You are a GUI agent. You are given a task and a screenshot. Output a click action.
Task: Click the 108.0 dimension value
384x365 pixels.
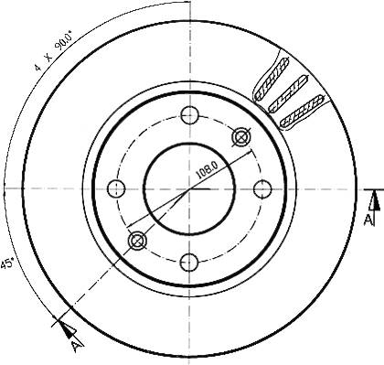click(207, 170)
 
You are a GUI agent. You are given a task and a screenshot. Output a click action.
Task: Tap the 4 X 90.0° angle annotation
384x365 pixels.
click(54, 50)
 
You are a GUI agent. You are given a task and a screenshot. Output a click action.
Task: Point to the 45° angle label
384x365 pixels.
click(6, 263)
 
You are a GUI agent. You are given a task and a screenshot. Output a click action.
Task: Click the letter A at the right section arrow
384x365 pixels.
click(368, 220)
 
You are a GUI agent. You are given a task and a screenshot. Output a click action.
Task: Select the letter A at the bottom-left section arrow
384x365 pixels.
click(77, 346)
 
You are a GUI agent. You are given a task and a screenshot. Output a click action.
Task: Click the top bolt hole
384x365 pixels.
click(189, 115)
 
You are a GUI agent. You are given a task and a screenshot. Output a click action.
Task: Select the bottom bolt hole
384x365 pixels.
click(189, 262)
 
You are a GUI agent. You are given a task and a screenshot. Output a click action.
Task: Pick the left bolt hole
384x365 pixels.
click(116, 188)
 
